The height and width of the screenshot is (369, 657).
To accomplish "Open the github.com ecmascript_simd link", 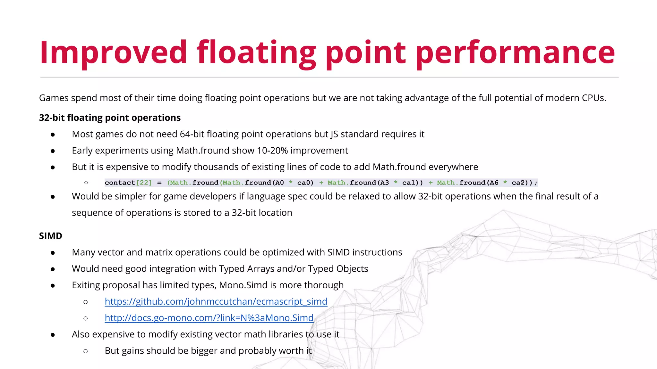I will click(x=216, y=301).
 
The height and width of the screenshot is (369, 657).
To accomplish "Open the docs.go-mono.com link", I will click(x=209, y=318).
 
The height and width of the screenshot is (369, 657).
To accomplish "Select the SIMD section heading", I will click(x=50, y=236).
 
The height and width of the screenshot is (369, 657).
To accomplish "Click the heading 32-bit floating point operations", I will click(x=110, y=118).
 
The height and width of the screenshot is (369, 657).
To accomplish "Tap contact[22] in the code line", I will click(x=128, y=183).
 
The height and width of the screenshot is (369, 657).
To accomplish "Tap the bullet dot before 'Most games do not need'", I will click(x=53, y=135).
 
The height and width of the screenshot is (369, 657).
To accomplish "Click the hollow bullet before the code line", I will click(x=86, y=183).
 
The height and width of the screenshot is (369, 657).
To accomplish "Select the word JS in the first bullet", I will click(x=334, y=134).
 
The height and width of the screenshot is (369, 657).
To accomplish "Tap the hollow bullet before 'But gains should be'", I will click(x=85, y=351).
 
